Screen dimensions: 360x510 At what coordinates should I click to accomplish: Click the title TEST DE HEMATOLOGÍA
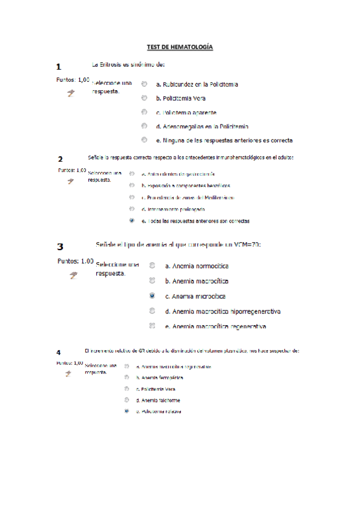point(180,47)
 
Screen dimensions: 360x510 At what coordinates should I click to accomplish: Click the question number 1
point(58,67)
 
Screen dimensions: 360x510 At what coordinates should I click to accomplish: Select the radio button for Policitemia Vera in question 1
point(144,98)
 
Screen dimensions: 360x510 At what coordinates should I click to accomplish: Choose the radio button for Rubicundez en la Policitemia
point(144,84)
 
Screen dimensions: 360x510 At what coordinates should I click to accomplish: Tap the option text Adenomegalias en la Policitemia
point(201,126)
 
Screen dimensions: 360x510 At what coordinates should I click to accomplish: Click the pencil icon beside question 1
point(71,93)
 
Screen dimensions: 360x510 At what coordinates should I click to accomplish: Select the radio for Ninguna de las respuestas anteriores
point(144,140)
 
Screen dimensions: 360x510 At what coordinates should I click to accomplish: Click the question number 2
point(60,159)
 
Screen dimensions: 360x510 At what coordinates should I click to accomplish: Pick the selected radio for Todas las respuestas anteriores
point(132,221)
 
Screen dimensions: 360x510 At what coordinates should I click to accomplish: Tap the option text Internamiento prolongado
point(173,209)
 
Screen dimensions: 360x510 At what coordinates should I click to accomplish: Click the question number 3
point(60,247)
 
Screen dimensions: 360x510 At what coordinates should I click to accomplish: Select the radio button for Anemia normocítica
point(152,265)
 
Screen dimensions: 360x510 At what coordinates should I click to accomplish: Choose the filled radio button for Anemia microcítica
point(152,296)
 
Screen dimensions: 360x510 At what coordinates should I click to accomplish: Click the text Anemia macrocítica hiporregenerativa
point(223,312)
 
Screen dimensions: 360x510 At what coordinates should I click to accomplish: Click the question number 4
point(58,352)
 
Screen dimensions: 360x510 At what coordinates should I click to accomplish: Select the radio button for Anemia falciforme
point(127,400)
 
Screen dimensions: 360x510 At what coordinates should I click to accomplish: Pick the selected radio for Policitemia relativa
point(127,411)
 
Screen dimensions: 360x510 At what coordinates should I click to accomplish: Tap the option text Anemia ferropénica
point(159,378)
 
